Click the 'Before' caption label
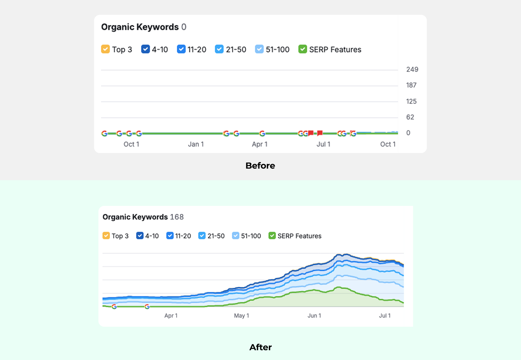(x=260, y=166)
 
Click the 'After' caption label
(x=260, y=347)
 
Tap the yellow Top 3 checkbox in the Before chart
(x=105, y=49)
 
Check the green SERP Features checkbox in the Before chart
(x=302, y=49)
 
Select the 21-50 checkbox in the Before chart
(x=219, y=49)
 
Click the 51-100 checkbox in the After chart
(x=236, y=236)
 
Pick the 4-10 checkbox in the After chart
(x=140, y=236)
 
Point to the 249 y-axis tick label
(x=412, y=69)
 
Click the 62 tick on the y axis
(x=410, y=117)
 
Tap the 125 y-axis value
(x=411, y=101)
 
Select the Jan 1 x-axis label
(x=196, y=144)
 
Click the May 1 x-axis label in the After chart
(x=241, y=316)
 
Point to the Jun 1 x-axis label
(x=314, y=316)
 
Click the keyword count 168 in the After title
(x=177, y=217)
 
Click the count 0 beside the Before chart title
(x=184, y=27)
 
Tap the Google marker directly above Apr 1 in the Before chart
(x=262, y=134)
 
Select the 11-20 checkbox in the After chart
(x=170, y=236)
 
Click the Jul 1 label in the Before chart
(x=323, y=144)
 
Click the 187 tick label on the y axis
(x=411, y=85)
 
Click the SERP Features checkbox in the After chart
(x=272, y=236)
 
